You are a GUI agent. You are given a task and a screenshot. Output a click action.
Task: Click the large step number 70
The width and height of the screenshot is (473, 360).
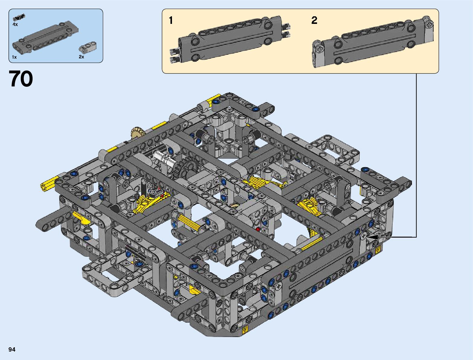[x=21, y=79]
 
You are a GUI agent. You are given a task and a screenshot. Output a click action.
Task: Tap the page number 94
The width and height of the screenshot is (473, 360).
[x=12, y=349]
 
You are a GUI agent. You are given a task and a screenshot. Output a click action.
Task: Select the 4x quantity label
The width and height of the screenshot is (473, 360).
[x=15, y=24]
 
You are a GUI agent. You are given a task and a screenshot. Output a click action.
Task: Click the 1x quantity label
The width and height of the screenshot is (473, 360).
[x=14, y=57]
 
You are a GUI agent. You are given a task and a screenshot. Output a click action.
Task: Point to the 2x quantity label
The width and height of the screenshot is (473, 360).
[x=82, y=57]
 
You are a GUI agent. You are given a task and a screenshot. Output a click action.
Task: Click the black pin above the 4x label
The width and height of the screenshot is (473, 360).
[x=19, y=17]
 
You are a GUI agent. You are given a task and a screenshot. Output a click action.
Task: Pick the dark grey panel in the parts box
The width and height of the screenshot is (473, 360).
[x=45, y=38]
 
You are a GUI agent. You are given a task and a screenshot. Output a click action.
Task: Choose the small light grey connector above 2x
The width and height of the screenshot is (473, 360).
[x=88, y=47]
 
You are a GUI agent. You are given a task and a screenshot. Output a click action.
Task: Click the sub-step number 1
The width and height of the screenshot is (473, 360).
[x=171, y=21]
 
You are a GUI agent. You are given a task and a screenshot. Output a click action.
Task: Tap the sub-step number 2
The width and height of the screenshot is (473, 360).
[x=314, y=21]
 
